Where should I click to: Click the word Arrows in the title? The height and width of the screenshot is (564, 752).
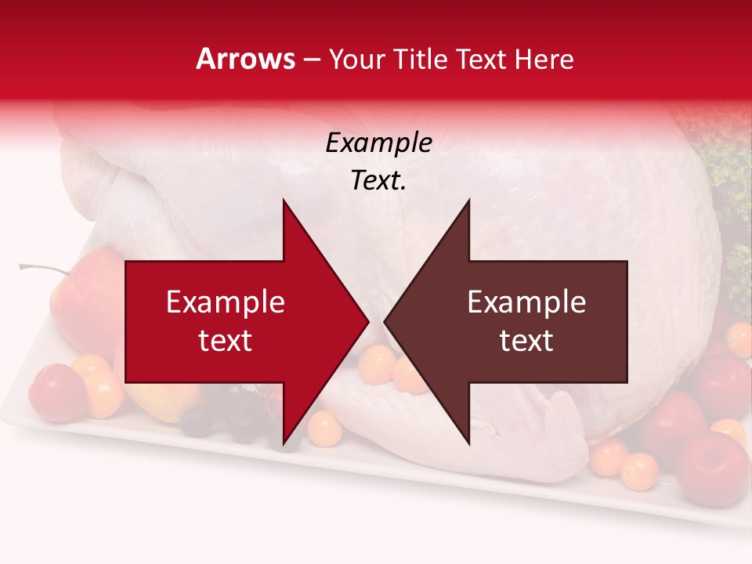pyautogui.click(x=246, y=59)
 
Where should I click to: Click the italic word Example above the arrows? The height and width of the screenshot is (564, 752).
pyautogui.click(x=378, y=143)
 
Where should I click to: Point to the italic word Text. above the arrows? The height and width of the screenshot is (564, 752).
pyautogui.click(x=378, y=181)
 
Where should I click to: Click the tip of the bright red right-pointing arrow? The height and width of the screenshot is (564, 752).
pyautogui.click(x=367, y=322)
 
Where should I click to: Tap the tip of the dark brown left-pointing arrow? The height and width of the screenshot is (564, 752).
pyautogui.click(x=385, y=322)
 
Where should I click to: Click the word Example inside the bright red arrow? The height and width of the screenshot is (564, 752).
pyautogui.click(x=226, y=302)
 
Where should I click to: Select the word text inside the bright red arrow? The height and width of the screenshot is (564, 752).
pyautogui.click(x=226, y=341)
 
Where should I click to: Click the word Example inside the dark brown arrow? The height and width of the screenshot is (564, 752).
pyautogui.click(x=526, y=302)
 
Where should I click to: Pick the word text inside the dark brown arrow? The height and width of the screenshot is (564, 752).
pyautogui.click(x=526, y=341)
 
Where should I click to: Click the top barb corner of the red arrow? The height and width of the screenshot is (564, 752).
pyautogui.click(x=284, y=201)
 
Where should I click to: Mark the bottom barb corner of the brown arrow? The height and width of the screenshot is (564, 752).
pyautogui.click(x=469, y=444)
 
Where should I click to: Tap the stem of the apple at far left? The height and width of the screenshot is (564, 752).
pyautogui.click(x=44, y=269)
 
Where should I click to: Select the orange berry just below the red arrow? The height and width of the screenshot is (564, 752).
pyautogui.click(x=324, y=428)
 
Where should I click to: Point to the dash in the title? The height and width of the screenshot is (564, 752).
pyautogui.click(x=310, y=60)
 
